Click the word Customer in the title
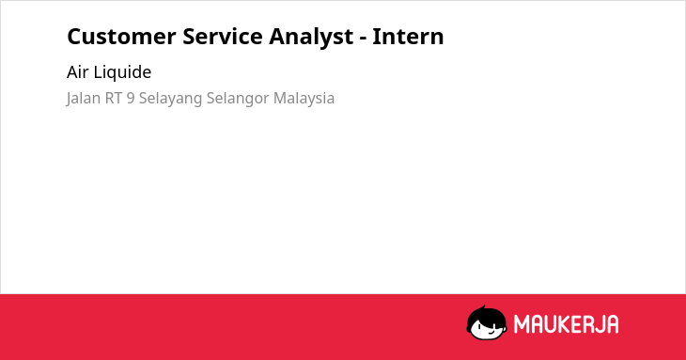(x=121, y=37)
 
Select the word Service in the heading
(x=223, y=37)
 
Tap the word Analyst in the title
(x=311, y=38)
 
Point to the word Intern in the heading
(x=408, y=37)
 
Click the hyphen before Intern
(x=363, y=39)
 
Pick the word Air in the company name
(x=77, y=72)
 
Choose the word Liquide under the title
(x=122, y=72)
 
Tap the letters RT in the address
(x=114, y=99)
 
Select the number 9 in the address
(x=131, y=99)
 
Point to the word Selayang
(x=171, y=99)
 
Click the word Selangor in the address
(x=238, y=99)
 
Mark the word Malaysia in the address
(x=304, y=99)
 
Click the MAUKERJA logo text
(x=566, y=324)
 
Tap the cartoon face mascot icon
(x=487, y=322)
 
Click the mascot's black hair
(x=486, y=314)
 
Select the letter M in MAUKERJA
(x=522, y=324)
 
